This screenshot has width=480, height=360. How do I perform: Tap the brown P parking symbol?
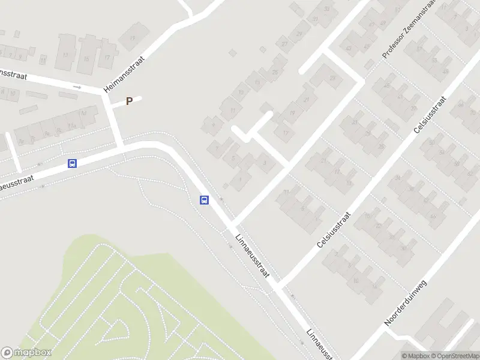click(128, 102)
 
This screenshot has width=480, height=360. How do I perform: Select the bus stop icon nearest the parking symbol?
click(73, 163)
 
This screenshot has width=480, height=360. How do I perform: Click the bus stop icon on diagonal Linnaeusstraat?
click(204, 200)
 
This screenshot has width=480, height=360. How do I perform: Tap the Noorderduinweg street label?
click(405, 303)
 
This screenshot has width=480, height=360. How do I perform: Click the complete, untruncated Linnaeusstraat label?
click(253, 255)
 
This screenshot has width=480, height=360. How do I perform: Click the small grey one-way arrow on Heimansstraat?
click(77, 87)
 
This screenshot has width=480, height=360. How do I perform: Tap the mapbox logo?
click(26, 353)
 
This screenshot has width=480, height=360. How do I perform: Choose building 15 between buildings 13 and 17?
click(86, 59)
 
